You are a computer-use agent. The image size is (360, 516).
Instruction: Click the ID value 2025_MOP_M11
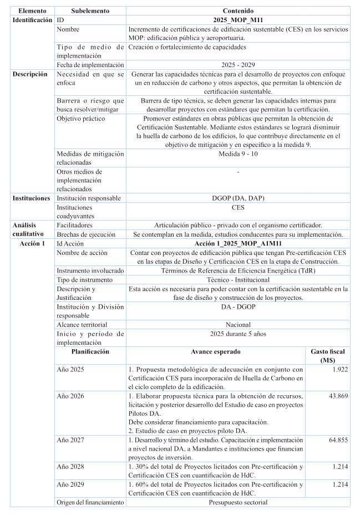237,20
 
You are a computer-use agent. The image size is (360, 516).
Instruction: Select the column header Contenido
237,11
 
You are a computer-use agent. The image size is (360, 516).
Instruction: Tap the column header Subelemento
90,11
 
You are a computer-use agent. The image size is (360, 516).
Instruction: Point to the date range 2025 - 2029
237,65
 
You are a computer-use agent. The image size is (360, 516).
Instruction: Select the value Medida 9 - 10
237,154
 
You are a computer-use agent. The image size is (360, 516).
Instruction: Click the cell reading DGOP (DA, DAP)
237,198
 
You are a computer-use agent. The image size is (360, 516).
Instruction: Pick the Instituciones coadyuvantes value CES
237,207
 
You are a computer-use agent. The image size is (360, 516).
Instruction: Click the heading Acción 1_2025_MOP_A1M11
237,243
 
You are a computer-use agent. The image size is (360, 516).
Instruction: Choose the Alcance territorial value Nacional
237,324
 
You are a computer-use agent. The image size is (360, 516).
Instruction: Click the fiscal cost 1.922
339,369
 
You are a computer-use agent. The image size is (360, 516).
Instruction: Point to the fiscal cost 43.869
337,396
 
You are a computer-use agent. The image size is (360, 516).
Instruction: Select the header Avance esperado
215,351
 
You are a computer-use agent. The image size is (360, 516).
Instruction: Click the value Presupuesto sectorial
237,502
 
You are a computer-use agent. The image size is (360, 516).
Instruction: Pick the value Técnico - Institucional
237,280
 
